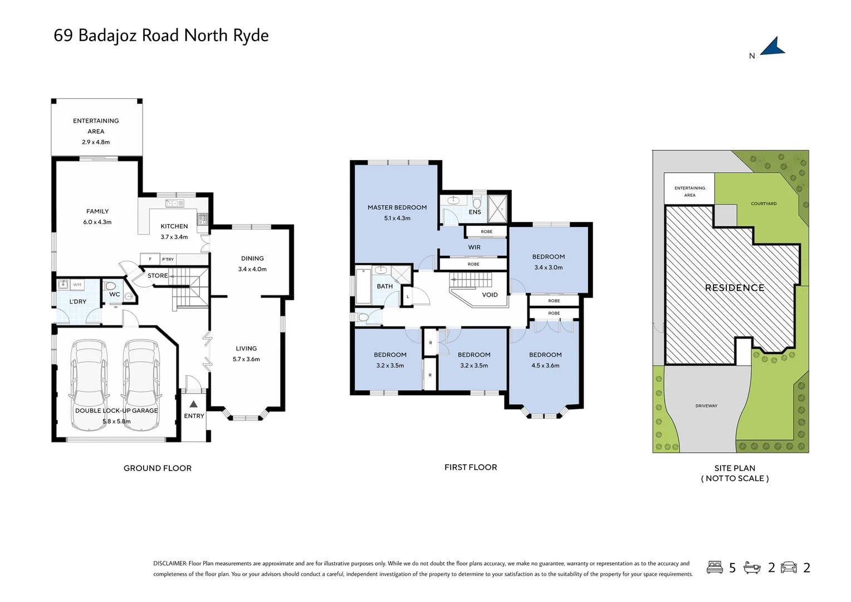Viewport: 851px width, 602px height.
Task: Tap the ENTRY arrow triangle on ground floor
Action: tap(193, 404)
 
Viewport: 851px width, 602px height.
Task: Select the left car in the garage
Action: tap(89, 385)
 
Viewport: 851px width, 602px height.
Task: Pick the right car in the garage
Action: tap(141, 385)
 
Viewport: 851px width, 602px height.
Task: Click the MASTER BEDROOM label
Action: tap(397, 207)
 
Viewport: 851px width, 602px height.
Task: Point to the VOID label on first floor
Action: tap(490, 295)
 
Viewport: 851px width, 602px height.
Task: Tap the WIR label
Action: tap(474, 247)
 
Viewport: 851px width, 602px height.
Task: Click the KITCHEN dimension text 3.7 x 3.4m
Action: tap(174, 237)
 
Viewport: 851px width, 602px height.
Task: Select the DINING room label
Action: tap(252, 259)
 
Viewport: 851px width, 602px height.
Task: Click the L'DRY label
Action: tap(78, 302)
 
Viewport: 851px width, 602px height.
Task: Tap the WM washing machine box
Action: tap(77, 285)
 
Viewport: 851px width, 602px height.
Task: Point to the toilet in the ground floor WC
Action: tap(110, 286)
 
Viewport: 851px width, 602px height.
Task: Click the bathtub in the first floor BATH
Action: tap(363, 285)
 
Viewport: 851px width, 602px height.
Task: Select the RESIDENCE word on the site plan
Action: tap(735, 288)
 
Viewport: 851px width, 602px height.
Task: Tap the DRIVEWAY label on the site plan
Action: tap(706, 406)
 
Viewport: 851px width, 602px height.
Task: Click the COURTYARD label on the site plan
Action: tap(764, 203)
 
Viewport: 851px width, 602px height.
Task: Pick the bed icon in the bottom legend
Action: tap(715, 567)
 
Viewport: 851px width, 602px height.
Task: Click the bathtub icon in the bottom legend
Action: tap(752, 567)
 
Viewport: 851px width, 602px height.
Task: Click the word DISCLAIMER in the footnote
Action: tap(170, 564)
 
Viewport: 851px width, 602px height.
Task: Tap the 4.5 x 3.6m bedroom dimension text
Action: tap(545, 366)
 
